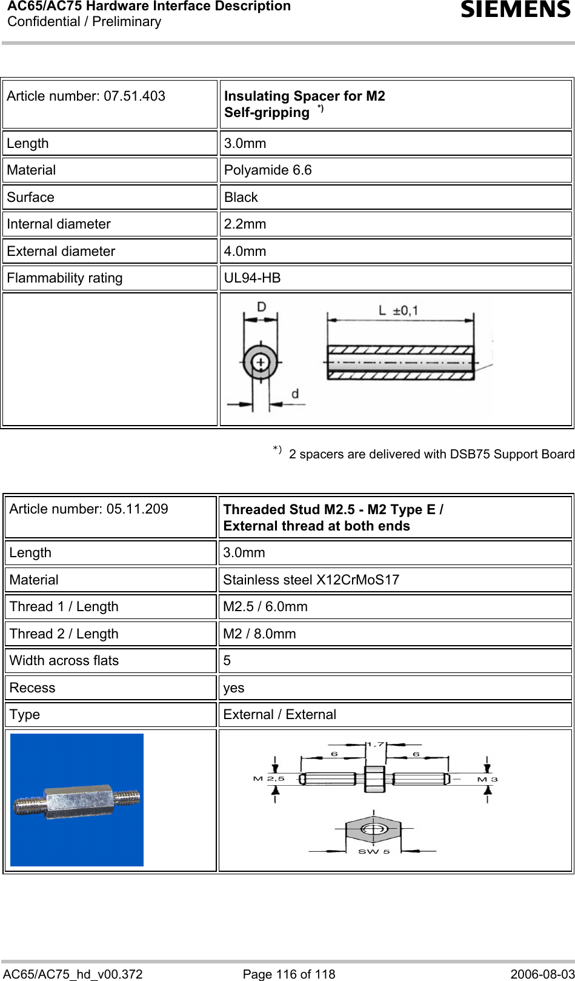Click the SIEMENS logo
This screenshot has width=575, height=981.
515,10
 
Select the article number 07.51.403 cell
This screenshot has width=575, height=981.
86,96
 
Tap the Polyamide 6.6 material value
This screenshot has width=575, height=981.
268,170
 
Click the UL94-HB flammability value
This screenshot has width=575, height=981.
252,278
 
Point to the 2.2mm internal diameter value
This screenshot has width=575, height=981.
245,224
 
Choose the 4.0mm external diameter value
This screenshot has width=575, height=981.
245,252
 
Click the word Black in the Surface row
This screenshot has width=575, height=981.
241,198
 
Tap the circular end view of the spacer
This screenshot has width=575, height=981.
261,363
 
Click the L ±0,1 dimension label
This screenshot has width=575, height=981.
398,311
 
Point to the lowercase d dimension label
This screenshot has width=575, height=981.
295,394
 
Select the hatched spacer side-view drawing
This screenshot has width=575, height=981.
400,363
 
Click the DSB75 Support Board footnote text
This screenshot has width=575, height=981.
431,454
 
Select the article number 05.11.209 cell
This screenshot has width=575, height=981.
89,509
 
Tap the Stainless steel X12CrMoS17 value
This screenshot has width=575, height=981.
311,580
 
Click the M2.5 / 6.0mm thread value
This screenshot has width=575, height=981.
265,607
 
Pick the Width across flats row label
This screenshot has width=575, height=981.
64,661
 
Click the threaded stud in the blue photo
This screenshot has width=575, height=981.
77,800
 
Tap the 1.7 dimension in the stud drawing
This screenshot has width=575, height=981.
376,745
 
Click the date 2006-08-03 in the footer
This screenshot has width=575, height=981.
542,974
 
